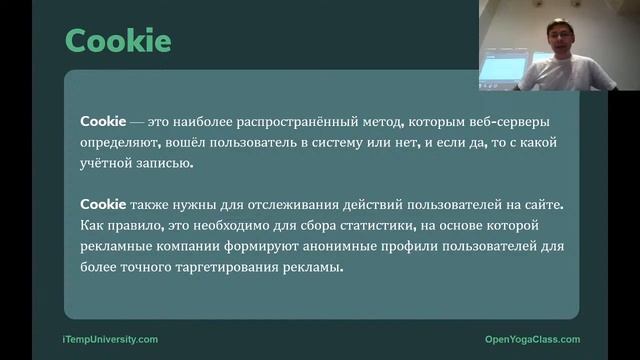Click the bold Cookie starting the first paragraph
point(101,121)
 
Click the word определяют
point(123,143)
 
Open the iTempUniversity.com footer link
point(111,339)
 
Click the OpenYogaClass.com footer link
point(531,339)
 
